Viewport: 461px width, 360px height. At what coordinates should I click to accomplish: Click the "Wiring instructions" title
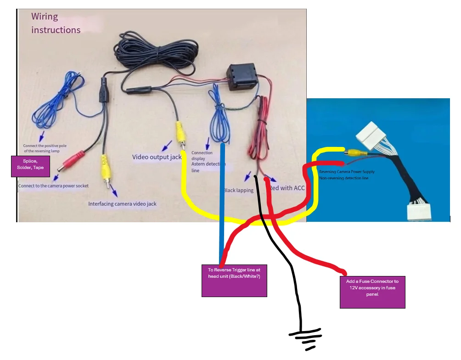coord(56,23)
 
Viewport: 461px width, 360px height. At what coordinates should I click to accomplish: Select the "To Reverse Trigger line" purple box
coord(234,280)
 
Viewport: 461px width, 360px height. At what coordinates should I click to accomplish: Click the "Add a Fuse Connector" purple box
coord(372,292)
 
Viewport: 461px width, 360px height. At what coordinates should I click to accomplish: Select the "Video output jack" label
coord(157,157)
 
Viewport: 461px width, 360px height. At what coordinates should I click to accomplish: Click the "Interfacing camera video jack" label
coord(122,203)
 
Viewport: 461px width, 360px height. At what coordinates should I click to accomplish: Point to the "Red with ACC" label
coord(287,188)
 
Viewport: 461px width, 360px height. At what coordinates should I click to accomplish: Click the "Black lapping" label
coord(238,190)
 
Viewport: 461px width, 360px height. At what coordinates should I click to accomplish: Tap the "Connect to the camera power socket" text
coord(53,186)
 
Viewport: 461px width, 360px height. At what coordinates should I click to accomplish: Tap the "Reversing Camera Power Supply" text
coord(347,172)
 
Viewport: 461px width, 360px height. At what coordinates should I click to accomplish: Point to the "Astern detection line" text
coord(208,167)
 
